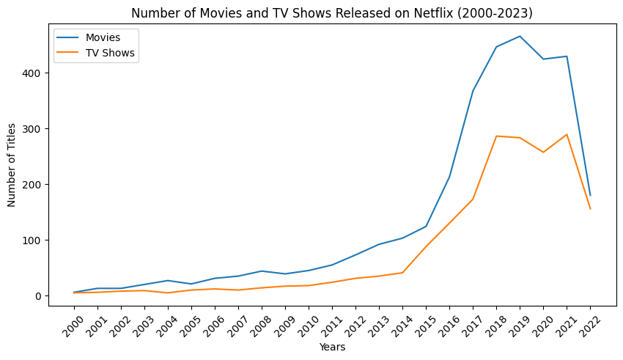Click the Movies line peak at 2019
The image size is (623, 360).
(x=520, y=36)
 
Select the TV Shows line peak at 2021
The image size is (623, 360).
(x=567, y=134)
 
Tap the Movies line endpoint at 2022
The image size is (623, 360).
(x=590, y=195)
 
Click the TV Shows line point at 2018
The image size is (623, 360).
(x=496, y=136)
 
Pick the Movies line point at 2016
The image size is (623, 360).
(x=449, y=177)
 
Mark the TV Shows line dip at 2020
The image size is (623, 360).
(x=543, y=153)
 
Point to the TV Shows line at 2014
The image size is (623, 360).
(x=402, y=273)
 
